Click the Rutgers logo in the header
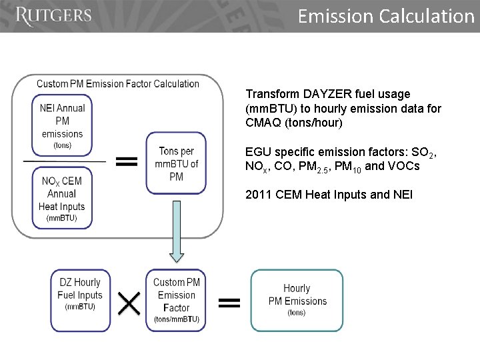point(53,16)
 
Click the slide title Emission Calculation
point(385,15)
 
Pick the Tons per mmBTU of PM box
point(177,163)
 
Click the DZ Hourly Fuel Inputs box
point(80,299)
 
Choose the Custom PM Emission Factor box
point(176,299)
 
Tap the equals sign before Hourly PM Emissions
point(229,303)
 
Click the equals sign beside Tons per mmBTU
point(127,161)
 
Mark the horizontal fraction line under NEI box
point(64,161)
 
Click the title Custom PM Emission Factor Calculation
point(118,84)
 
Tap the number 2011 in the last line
point(257,194)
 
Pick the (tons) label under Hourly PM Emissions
point(297,312)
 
